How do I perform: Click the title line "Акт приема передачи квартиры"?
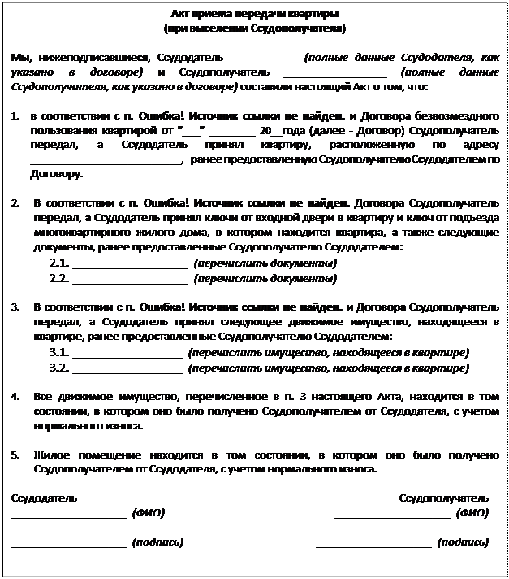coord(255,15)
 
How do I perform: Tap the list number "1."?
coord(17,115)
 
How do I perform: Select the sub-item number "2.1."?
coord(58,264)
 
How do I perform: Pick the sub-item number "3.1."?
coord(58,353)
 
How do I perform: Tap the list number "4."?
coord(17,397)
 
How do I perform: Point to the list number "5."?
coord(17,455)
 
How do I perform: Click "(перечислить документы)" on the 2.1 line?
coord(265,264)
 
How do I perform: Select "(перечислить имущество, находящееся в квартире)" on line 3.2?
coord(328,368)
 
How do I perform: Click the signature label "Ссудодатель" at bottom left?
coord(45,497)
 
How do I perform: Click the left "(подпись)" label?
coord(157,542)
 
